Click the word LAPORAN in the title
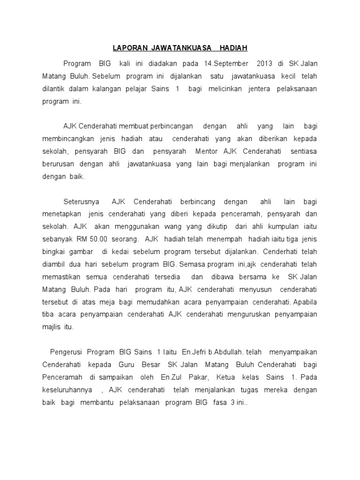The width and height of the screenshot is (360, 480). click(x=130, y=48)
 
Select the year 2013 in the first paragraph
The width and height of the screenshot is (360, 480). click(x=264, y=63)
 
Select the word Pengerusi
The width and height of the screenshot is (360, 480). click(x=65, y=352)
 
